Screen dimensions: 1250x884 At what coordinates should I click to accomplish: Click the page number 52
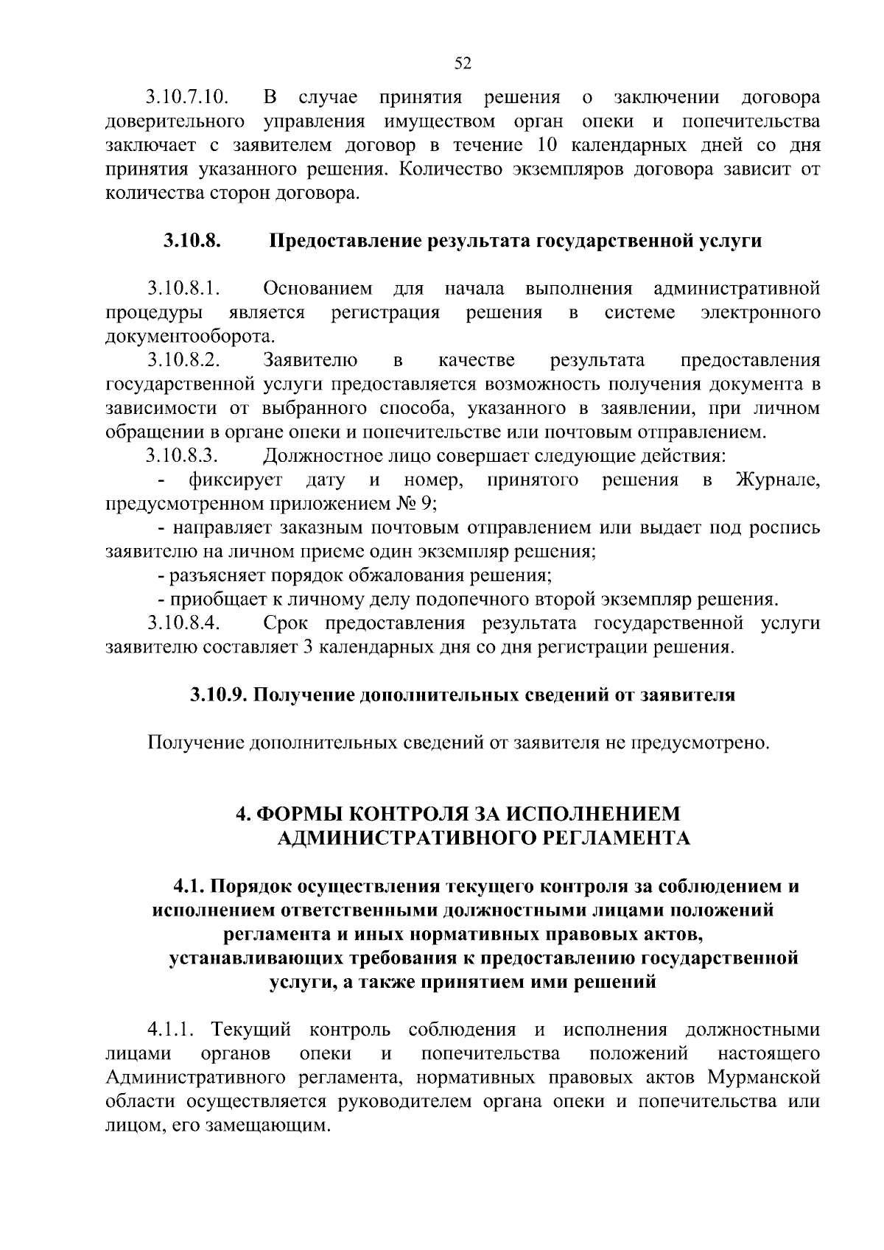pos(463,63)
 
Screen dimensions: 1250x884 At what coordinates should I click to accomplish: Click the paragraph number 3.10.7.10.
pos(186,97)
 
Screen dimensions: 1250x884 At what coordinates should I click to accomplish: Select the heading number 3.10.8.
pos(193,241)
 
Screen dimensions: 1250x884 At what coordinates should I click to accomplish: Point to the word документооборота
pos(189,337)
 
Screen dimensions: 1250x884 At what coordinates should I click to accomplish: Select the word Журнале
pos(777,480)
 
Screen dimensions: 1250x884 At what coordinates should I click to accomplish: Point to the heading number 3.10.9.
pos(219,695)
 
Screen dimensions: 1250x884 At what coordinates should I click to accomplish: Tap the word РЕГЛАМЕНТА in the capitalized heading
pos(620,838)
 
